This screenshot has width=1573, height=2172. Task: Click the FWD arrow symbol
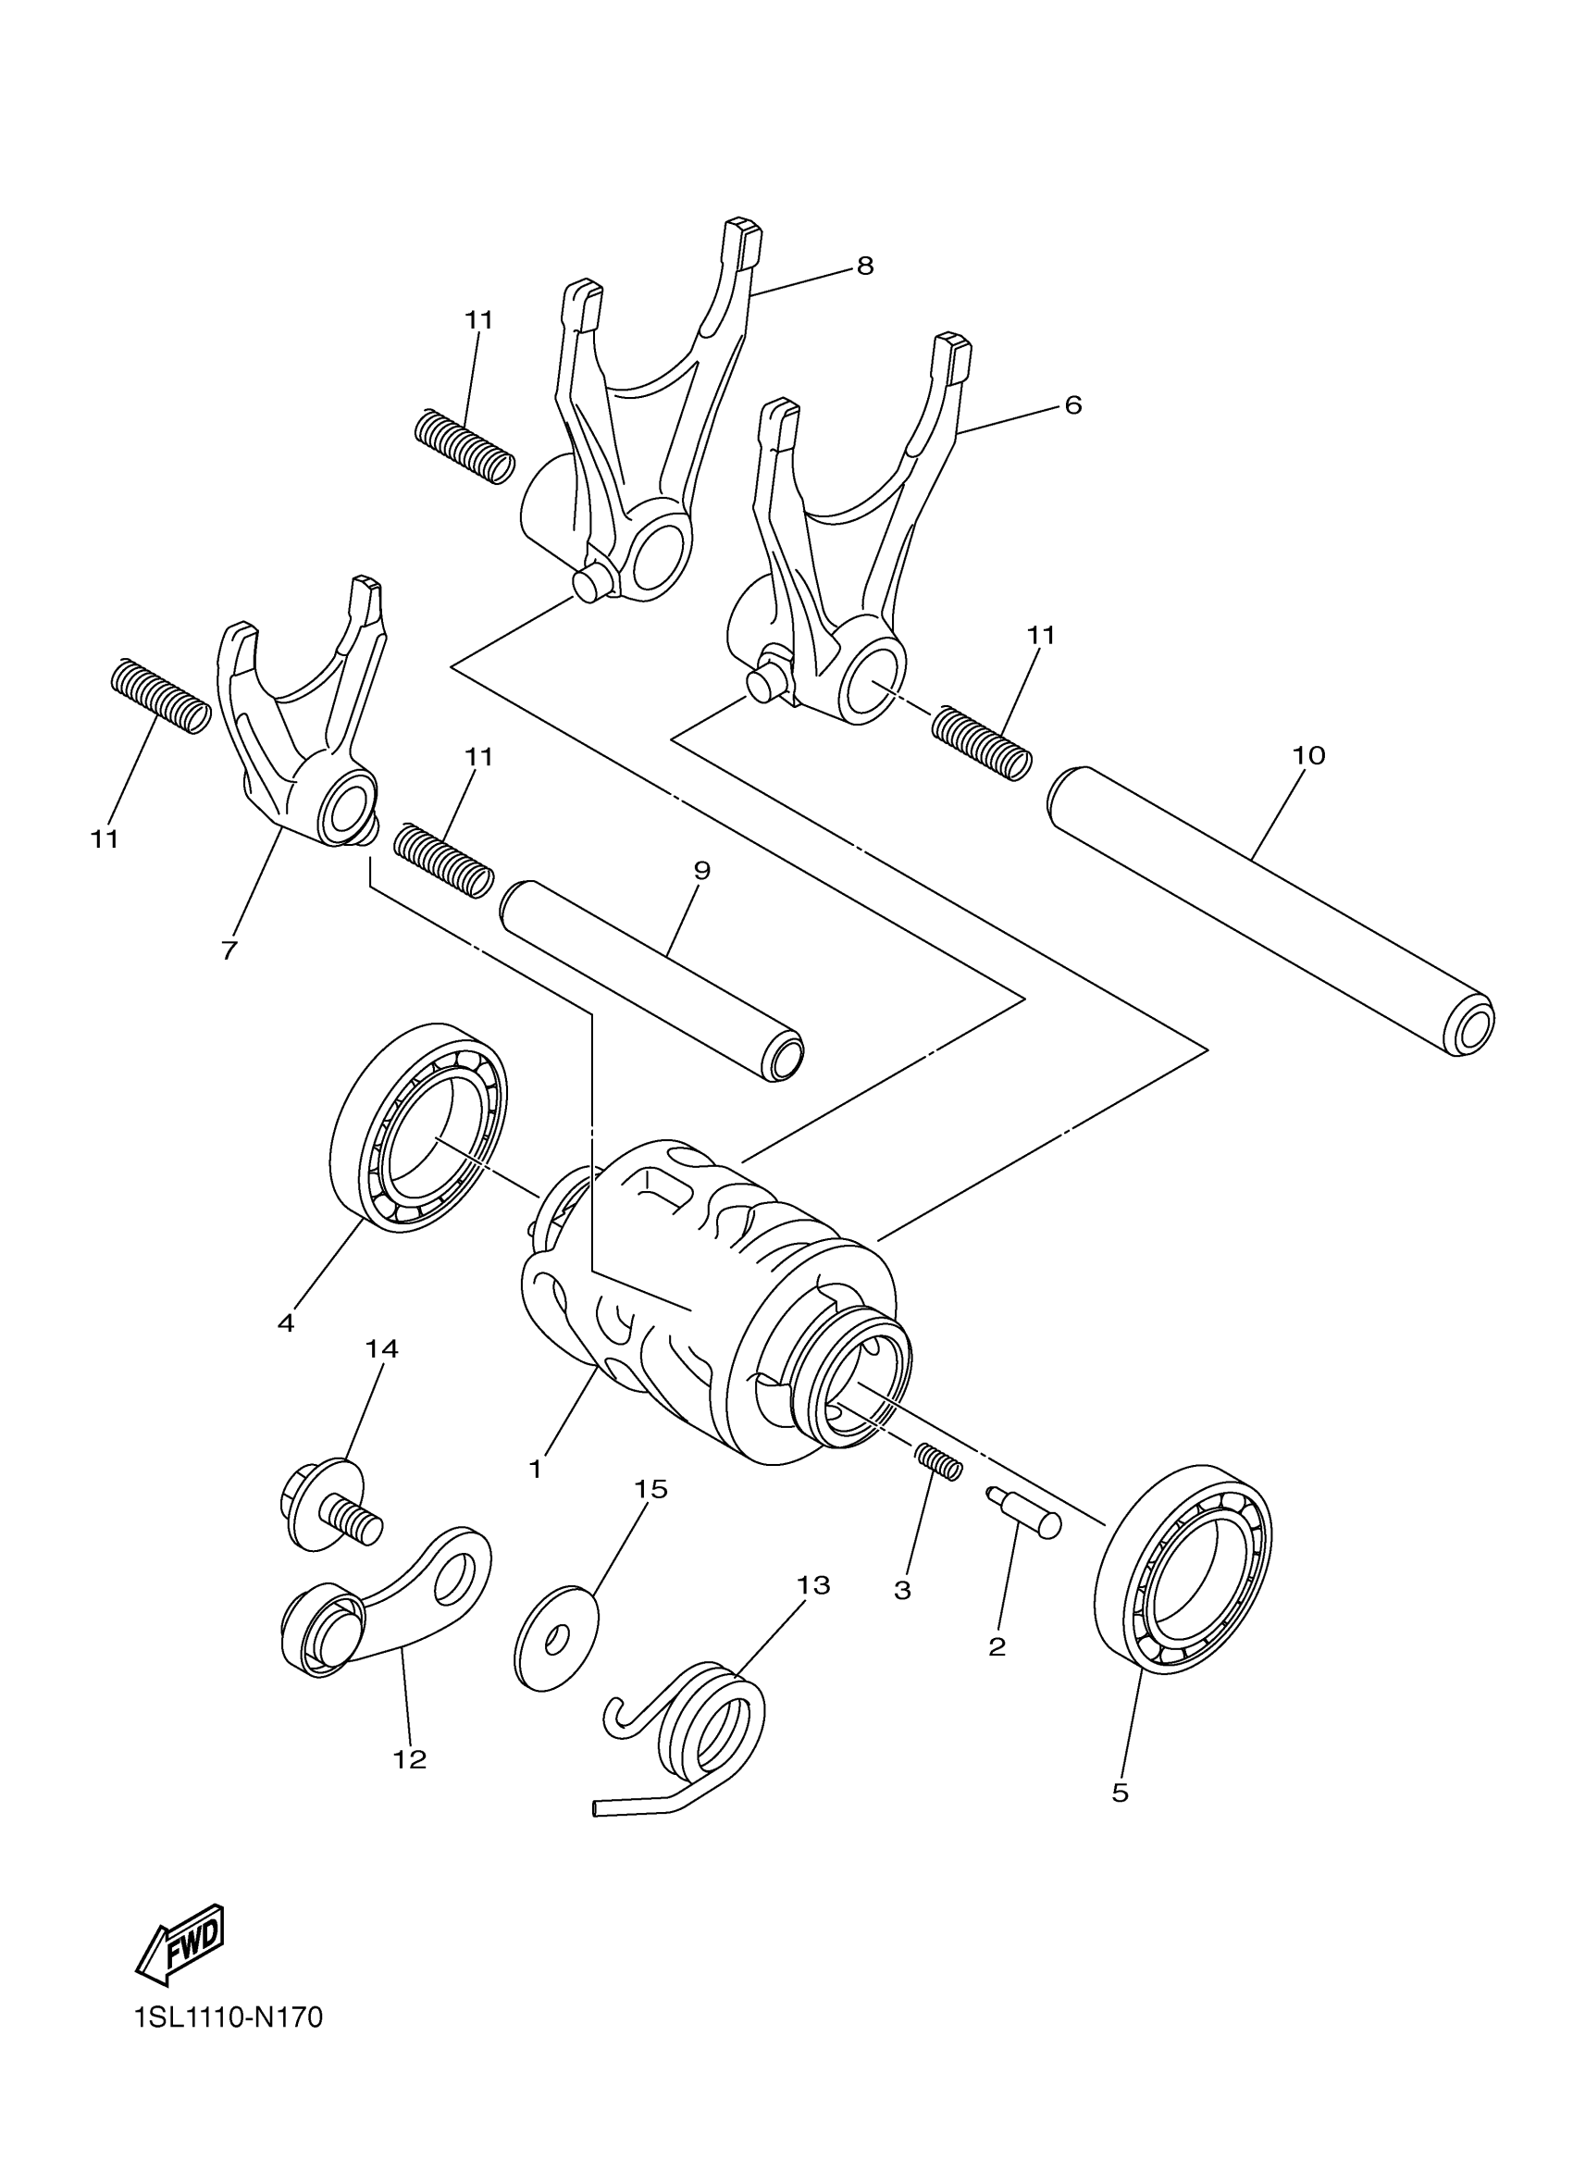pyautogui.click(x=180, y=1945)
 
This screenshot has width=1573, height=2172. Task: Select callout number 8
pyautogui.click(x=864, y=267)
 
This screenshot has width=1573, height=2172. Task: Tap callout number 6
pyautogui.click(x=1073, y=405)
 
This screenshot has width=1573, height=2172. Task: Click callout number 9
pyautogui.click(x=701, y=871)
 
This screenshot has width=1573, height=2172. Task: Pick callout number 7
pyautogui.click(x=229, y=951)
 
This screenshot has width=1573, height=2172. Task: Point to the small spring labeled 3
pyautogui.click(x=939, y=1488)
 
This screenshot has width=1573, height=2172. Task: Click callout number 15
pyautogui.click(x=651, y=1489)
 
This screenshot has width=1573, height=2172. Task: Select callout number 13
pyautogui.click(x=812, y=1585)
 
